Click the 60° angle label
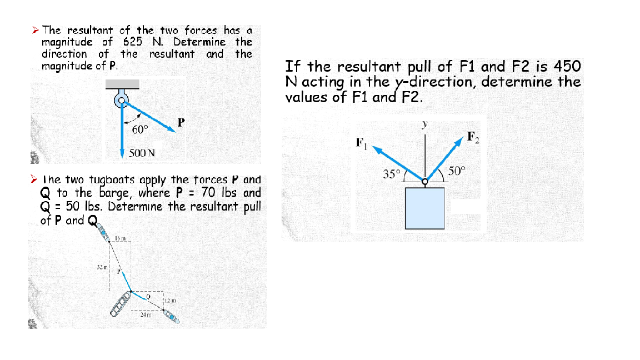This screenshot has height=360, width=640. point(141,129)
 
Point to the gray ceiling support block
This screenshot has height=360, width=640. point(123,83)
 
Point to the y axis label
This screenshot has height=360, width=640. point(425,126)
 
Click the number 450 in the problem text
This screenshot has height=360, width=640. point(567,67)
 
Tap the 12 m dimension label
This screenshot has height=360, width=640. point(169,301)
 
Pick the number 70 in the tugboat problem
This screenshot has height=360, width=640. point(209,193)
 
